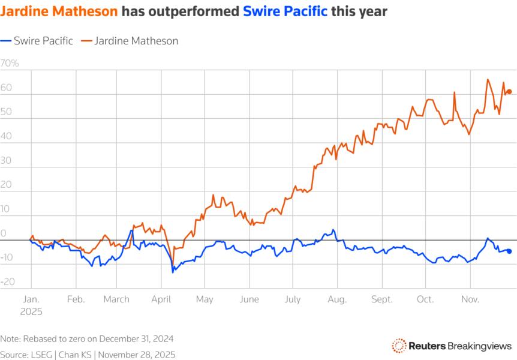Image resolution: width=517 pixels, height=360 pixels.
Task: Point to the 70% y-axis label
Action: coord(10,63)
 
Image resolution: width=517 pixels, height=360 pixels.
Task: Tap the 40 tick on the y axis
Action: coord(7,136)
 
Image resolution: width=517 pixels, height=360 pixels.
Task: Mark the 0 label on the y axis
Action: coord(4,233)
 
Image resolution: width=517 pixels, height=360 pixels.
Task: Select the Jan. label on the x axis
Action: coord(31,299)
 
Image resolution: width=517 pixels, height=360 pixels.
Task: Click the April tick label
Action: coord(161,299)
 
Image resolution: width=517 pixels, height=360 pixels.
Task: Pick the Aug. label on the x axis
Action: coord(337,299)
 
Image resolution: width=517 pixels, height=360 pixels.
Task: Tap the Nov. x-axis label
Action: coord(470,299)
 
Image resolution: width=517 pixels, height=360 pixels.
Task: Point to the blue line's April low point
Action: coord(173,272)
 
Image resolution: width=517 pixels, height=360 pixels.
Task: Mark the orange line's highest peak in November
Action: coord(488,80)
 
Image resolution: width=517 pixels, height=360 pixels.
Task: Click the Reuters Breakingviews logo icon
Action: coord(398,345)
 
